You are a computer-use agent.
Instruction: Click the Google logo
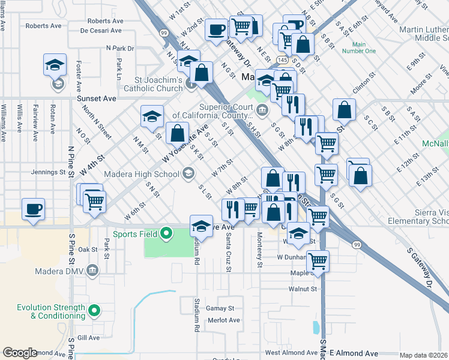[x=20, y=353]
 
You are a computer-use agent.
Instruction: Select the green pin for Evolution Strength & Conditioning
[x=94, y=311]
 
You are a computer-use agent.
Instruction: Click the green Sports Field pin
[x=168, y=233]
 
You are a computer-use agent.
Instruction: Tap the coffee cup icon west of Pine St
[x=34, y=209]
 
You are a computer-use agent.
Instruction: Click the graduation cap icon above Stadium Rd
[x=201, y=226]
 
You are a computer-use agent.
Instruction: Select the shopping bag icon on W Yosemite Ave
[x=177, y=134]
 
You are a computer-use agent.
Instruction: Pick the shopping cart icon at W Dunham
[x=318, y=261]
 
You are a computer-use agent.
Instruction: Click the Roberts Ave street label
[x=44, y=26]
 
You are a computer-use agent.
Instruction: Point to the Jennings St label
[x=47, y=172]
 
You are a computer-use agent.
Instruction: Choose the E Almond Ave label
[x=354, y=353]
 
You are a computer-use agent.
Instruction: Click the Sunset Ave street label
[x=96, y=98]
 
